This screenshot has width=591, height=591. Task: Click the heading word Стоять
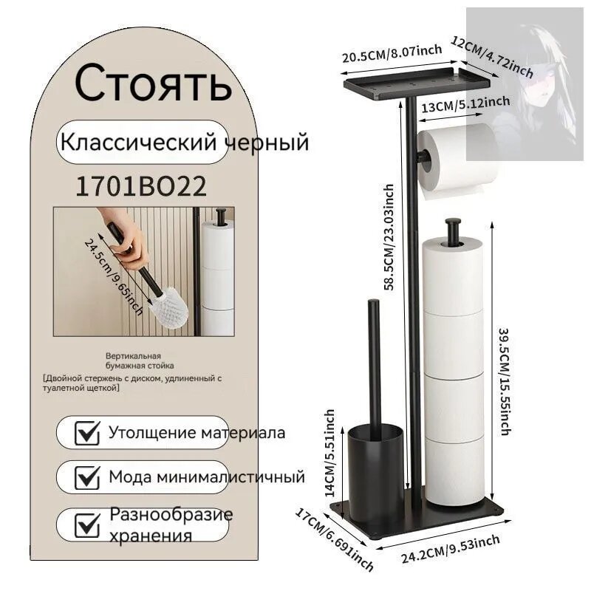pyautogui.click(x=153, y=83)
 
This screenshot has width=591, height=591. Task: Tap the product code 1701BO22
pyautogui.click(x=141, y=187)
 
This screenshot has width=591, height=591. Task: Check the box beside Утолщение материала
pyautogui.click(x=88, y=433)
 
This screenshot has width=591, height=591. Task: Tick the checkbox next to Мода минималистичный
pyautogui.click(x=88, y=477)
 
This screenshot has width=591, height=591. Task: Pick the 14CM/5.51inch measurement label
pyautogui.click(x=330, y=451)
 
